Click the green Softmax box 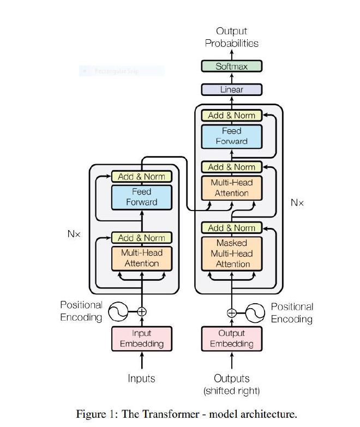(232, 67)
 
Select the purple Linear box (232, 89)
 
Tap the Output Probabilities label (232, 37)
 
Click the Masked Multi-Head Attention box (232, 254)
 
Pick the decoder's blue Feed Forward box (232, 136)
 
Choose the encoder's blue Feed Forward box (142, 197)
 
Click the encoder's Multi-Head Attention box (142, 258)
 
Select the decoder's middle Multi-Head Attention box (232, 188)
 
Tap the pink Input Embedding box (142, 339)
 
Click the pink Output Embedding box (232, 339)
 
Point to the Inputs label (142, 378)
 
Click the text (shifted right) (232, 391)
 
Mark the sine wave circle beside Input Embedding (118, 312)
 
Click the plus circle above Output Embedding (232, 312)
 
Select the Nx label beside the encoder (74, 233)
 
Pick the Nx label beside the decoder (297, 202)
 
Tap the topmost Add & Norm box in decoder (232, 116)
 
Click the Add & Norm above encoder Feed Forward (142, 177)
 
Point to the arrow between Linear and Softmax (232, 78)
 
